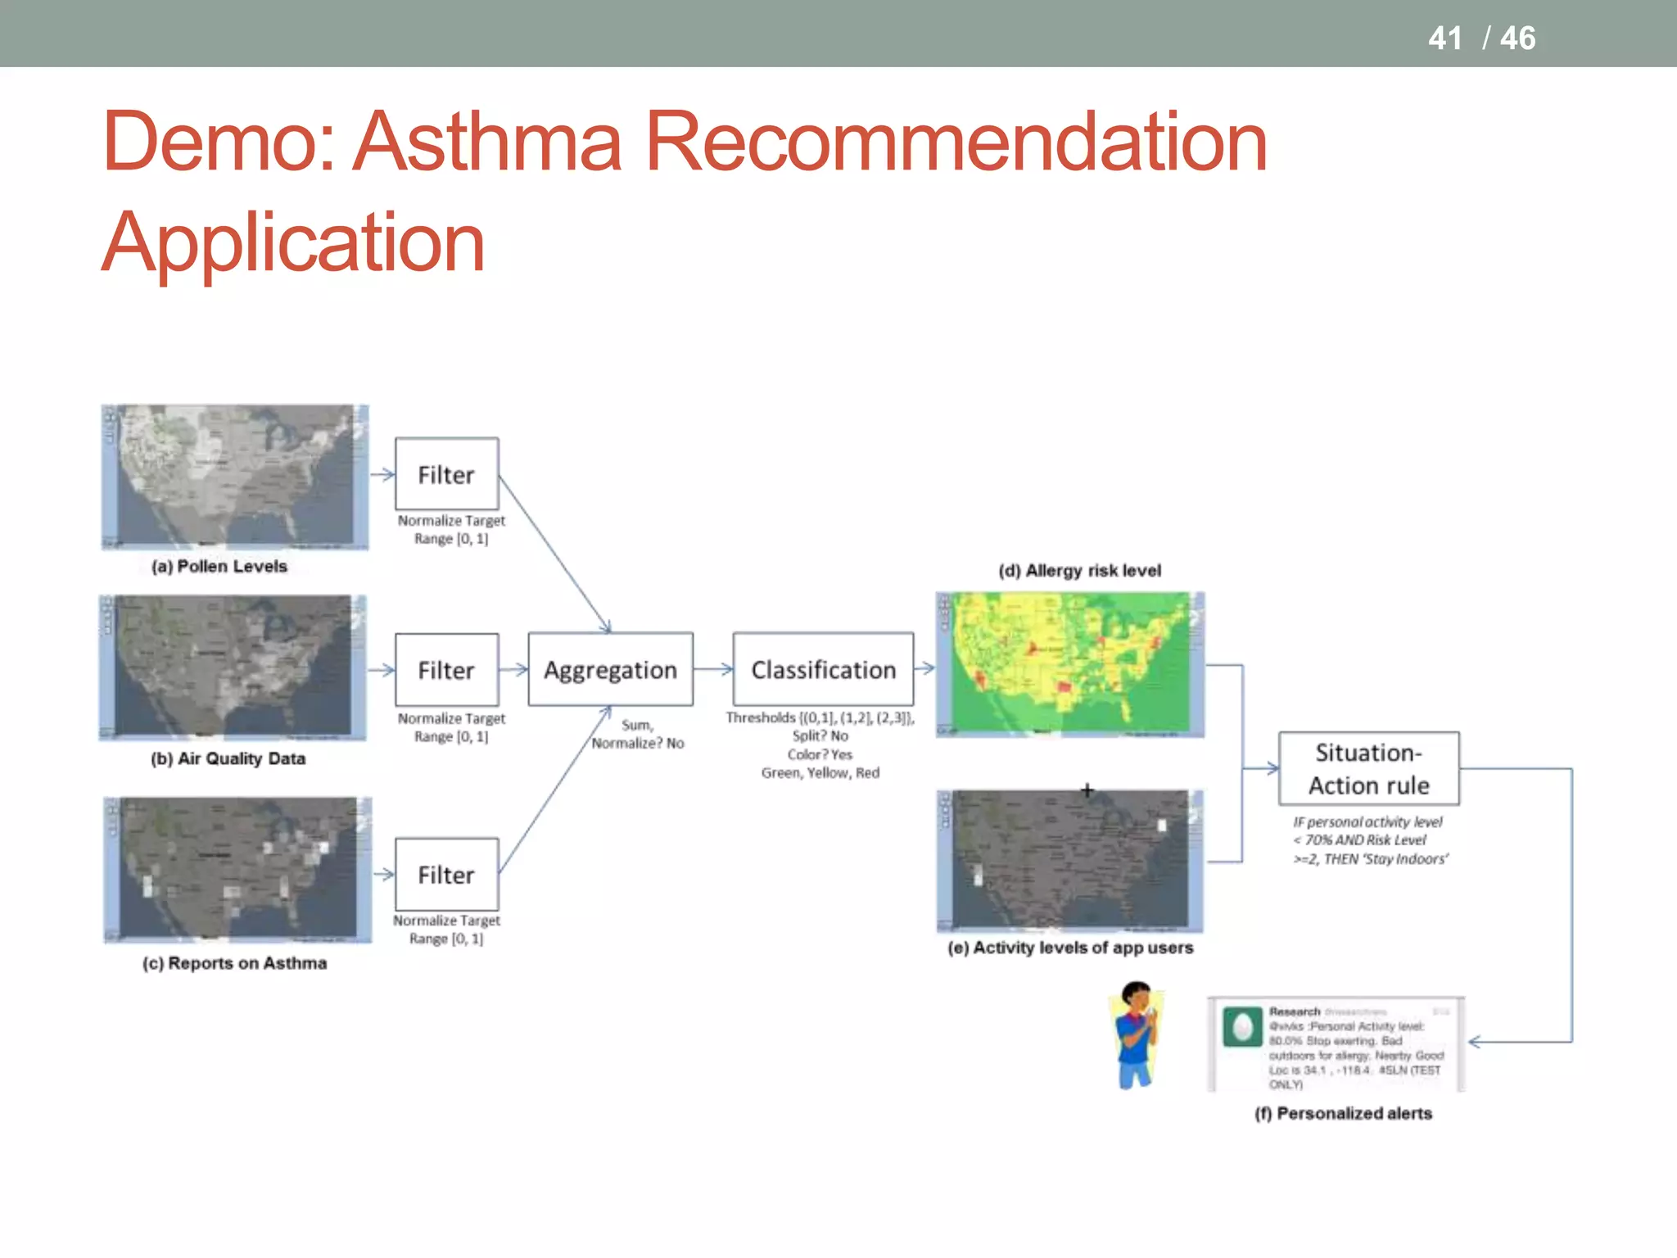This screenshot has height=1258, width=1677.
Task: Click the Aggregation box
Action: (x=610, y=669)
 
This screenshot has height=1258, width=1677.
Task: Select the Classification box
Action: (x=823, y=669)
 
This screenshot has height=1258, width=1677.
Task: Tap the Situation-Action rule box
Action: (x=1368, y=768)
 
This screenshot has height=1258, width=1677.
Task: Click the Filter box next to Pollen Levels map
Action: (x=446, y=474)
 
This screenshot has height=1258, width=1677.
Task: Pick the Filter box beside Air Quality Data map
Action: (x=446, y=670)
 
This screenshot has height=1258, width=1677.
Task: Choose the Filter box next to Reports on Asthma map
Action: (x=446, y=874)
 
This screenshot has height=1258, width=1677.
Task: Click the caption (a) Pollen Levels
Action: (x=219, y=566)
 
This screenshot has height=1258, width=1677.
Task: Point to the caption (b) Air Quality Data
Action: (x=228, y=758)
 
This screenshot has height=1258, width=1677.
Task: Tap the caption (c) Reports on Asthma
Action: (x=234, y=963)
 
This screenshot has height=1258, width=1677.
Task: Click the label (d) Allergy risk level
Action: (x=1079, y=571)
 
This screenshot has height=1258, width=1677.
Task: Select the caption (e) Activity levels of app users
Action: (x=1070, y=948)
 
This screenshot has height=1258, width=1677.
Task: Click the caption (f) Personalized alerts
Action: (x=1343, y=1113)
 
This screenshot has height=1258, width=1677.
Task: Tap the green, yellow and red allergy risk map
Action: (x=1069, y=664)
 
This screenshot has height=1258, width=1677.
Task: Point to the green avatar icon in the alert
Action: (x=1242, y=1027)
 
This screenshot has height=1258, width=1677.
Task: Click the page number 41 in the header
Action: (x=1444, y=38)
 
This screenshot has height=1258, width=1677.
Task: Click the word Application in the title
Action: (x=293, y=242)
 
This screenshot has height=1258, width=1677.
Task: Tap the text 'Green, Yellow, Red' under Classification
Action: (x=820, y=772)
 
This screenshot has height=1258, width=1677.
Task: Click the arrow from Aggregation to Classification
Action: (x=713, y=669)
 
